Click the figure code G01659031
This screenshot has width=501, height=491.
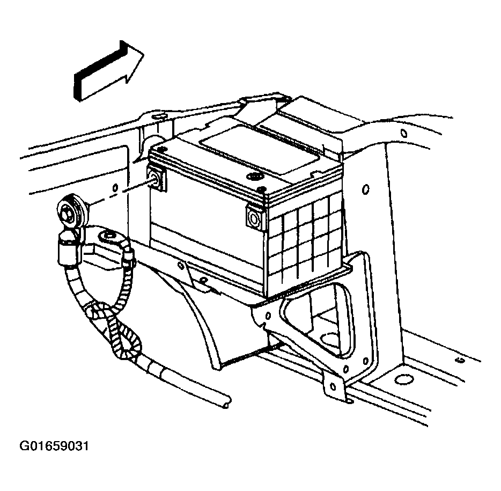[54, 447]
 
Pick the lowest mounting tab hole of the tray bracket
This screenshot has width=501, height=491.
[333, 385]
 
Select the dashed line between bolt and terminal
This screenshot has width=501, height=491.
[115, 193]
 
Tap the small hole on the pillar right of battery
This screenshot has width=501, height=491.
[365, 189]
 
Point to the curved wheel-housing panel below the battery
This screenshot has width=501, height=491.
[215, 333]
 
